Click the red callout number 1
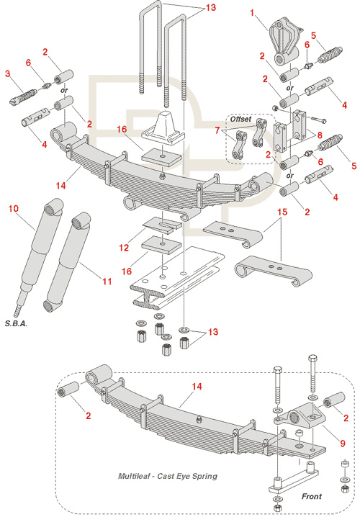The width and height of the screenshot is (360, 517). point(253,13)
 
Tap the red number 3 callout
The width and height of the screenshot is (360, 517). point(8,73)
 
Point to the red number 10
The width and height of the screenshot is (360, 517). point(14,208)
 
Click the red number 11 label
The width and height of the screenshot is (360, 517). point(107,282)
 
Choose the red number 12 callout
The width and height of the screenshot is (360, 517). point(124,247)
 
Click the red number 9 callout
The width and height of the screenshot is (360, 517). point(343,443)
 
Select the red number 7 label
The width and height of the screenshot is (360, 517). point(217,130)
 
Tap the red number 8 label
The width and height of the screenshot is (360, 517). point(320,135)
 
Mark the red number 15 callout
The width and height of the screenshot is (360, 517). point(282,212)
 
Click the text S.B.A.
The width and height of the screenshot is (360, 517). point(16,323)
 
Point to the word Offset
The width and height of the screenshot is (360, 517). point(240,119)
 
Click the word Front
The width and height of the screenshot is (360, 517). point(312,496)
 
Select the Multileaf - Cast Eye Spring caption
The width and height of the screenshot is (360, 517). point(168,476)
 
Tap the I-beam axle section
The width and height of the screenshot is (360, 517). point(177,279)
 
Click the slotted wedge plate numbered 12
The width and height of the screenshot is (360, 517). point(162,225)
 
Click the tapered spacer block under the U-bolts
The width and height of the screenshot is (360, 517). point(163,127)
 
